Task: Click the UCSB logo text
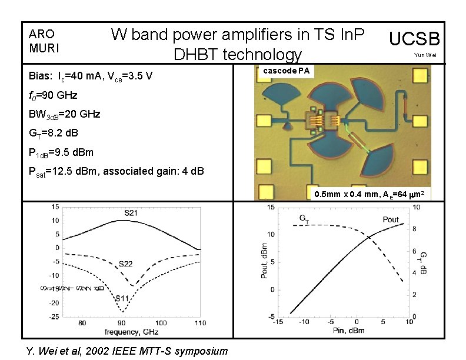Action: pyautogui.click(x=415, y=39)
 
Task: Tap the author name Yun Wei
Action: pyautogui.click(x=425, y=55)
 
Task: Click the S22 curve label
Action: pyautogui.click(x=125, y=264)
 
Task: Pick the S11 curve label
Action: pyautogui.click(x=121, y=299)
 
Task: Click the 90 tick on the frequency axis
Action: pyautogui.click(x=122, y=324)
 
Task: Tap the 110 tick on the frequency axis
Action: pyautogui.click(x=201, y=324)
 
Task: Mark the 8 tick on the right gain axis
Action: pyautogui.click(x=415, y=229)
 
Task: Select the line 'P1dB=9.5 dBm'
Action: pyautogui.click(x=61, y=152)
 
